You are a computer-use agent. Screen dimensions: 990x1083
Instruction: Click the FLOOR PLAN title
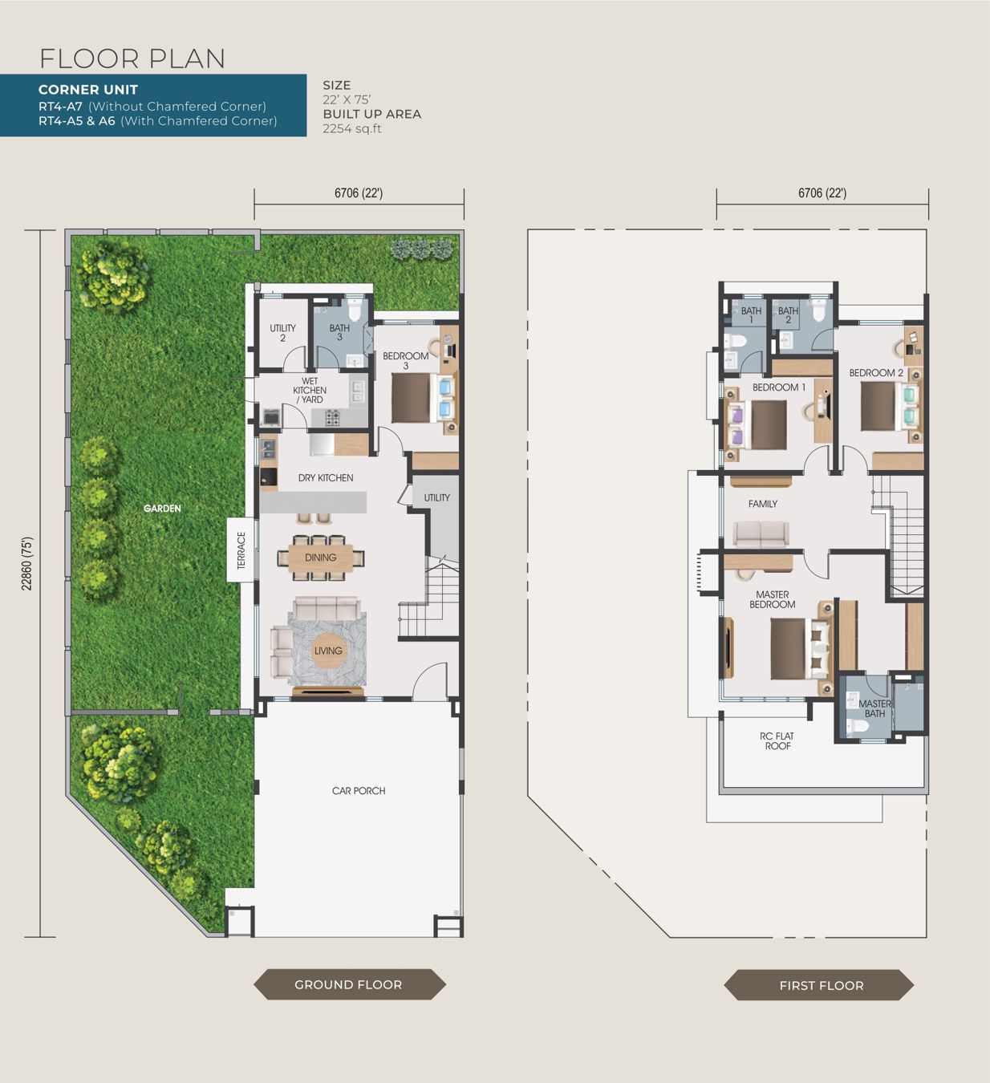point(132,59)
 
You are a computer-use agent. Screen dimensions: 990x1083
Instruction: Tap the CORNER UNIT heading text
point(88,90)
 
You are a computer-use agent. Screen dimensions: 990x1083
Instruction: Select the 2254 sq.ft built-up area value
point(352,128)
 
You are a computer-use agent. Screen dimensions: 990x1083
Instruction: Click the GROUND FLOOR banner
point(350,984)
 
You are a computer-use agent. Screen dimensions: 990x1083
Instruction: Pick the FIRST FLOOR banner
point(819,985)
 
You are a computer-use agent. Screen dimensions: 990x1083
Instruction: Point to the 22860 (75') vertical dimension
point(27,563)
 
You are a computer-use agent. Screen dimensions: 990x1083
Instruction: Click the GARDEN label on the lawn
point(162,508)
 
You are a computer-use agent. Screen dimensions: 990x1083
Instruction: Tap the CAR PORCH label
point(359,790)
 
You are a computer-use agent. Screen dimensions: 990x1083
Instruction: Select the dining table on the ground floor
point(321,558)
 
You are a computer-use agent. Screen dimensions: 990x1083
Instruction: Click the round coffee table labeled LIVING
point(328,651)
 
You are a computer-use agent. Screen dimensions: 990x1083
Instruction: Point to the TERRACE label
point(241,550)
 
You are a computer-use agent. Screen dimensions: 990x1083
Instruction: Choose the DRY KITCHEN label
point(326,478)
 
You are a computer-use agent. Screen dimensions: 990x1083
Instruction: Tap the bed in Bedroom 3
point(423,398)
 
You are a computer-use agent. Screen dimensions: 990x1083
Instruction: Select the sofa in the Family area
point(761,534)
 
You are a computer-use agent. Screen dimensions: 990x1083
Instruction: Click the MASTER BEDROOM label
point(773,599)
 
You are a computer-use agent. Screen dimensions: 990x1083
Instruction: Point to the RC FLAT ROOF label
point(777,740)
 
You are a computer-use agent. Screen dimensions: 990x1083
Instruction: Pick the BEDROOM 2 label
point(876,372)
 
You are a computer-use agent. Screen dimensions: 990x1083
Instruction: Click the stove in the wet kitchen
point(332,417)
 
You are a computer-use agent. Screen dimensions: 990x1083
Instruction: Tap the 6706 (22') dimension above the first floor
point(822,193)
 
